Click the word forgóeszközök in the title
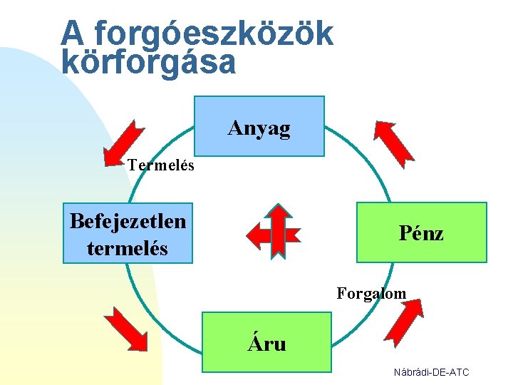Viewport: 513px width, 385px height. [213, 33]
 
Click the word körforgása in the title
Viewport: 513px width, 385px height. [148, 62]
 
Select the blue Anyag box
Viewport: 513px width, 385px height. [259, 126]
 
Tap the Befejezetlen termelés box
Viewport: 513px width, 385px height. [128, 233]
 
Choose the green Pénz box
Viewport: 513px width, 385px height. [421, 232]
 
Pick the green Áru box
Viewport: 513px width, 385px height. [266, 342]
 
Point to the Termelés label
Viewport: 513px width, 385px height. [161, 165]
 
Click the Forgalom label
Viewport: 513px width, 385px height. [371, 293]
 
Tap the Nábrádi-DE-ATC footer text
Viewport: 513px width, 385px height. [431, 372]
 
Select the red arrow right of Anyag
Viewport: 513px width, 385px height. [393, 140]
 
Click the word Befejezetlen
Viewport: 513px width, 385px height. [128, 221]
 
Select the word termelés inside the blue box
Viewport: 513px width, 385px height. [128, 248]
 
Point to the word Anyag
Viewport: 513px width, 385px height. [259, 128]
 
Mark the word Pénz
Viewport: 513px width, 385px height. [421, 233]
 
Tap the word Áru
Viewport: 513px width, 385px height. [266, 344]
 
